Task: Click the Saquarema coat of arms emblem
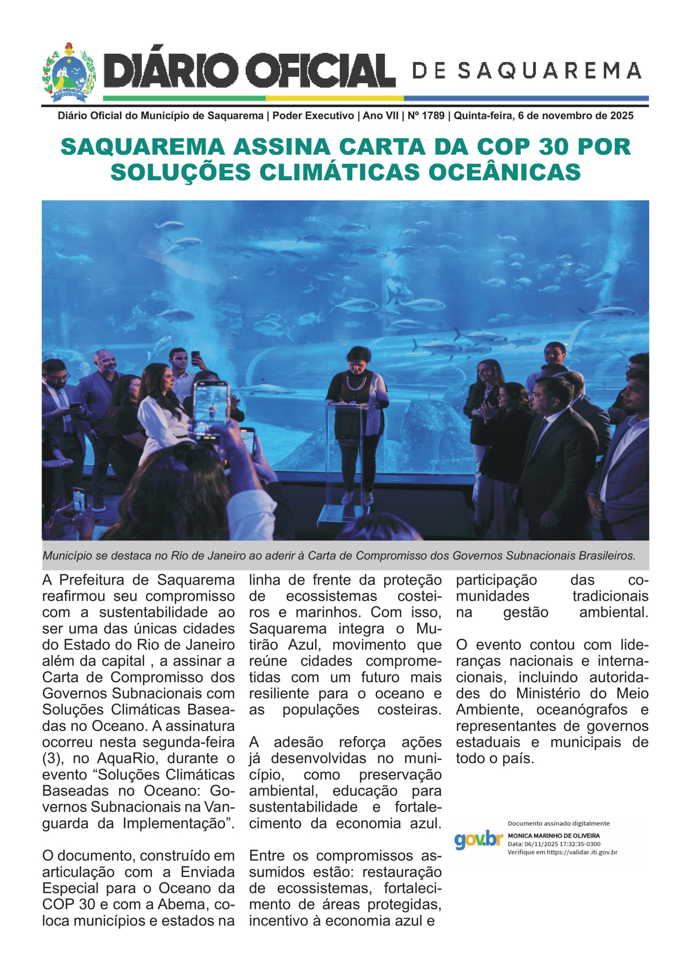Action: click(69, 73)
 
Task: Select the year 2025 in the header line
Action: click(622, 116)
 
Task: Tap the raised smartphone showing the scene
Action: click(211, 410)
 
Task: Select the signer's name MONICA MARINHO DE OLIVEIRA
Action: click(554, 836)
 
